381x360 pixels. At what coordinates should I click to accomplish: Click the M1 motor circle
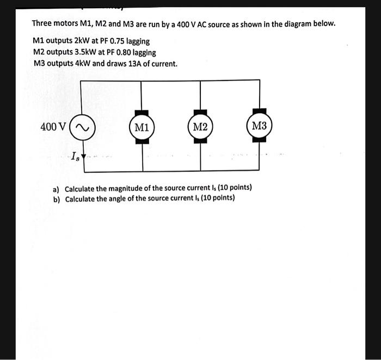click(x=142, y=128)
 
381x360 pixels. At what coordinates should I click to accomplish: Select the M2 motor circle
click(x=200, y=127)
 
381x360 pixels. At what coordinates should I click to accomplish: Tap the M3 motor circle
click(x=259, y=126)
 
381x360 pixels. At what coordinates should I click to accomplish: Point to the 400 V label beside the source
click(x=54, y=127)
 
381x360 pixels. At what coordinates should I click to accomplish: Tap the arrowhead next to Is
click(x=83, y=156)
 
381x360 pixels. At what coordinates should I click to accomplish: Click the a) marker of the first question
click(x=56, y=189)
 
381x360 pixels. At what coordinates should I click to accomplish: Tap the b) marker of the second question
click(x=56, y=198)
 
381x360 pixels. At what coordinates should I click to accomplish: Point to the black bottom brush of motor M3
click(x=259, y=139)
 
